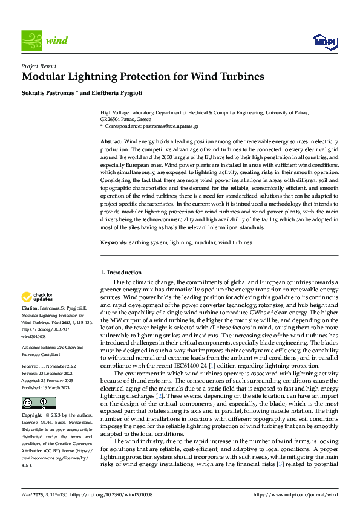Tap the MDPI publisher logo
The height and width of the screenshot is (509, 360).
click(324, 41)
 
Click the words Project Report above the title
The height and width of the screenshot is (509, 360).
click(39, 66)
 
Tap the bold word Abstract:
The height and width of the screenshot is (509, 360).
click(111, 140)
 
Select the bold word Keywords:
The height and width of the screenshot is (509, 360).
click(114, 242)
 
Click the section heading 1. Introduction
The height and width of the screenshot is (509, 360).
click(120, 273)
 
